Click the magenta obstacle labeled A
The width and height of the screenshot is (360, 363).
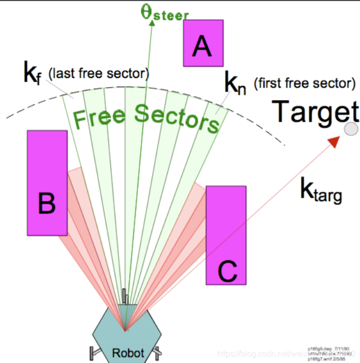203,43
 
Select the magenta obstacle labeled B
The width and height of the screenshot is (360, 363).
47,183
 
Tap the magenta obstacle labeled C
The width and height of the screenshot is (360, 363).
226,235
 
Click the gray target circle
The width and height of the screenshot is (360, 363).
351,129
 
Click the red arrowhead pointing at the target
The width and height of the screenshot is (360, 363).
333,141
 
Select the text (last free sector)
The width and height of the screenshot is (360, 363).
98,74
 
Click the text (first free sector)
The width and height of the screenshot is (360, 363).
304,83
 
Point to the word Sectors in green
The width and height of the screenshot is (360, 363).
176,118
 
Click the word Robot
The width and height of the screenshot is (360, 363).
128,352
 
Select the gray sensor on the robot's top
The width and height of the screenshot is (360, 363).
125,297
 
